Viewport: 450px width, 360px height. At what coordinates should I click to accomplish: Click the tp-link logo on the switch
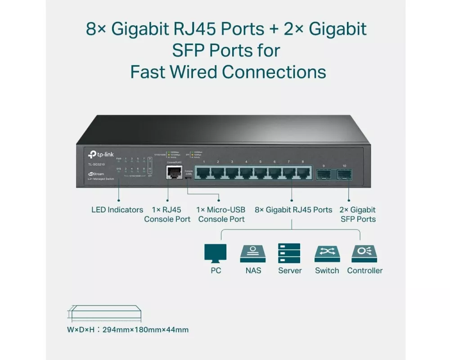100,155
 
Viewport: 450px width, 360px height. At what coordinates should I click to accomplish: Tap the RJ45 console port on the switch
172,171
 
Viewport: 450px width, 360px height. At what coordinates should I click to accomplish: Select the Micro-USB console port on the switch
189,178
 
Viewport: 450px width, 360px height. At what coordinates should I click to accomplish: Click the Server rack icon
289,253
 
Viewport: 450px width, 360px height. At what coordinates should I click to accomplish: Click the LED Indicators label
117,210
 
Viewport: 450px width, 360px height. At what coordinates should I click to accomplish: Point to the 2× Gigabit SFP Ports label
358,214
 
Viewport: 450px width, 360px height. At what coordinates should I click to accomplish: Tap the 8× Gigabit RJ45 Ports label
293,210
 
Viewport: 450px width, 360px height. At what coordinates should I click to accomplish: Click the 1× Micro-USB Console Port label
221,214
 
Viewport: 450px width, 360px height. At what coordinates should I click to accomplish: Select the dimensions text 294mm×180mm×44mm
145,330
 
